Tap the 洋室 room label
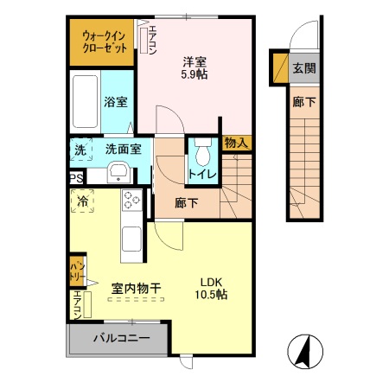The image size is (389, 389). [194, 61]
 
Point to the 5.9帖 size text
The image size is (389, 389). [194, 74]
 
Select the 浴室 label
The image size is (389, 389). [117, 102]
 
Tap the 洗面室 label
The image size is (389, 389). [124, 149]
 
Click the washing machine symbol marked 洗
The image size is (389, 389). [80, 150]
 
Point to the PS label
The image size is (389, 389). [76, 179]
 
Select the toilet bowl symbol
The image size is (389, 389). [203, 155]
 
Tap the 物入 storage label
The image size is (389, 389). [235, 143]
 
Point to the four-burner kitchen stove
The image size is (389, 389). [132, 200]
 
